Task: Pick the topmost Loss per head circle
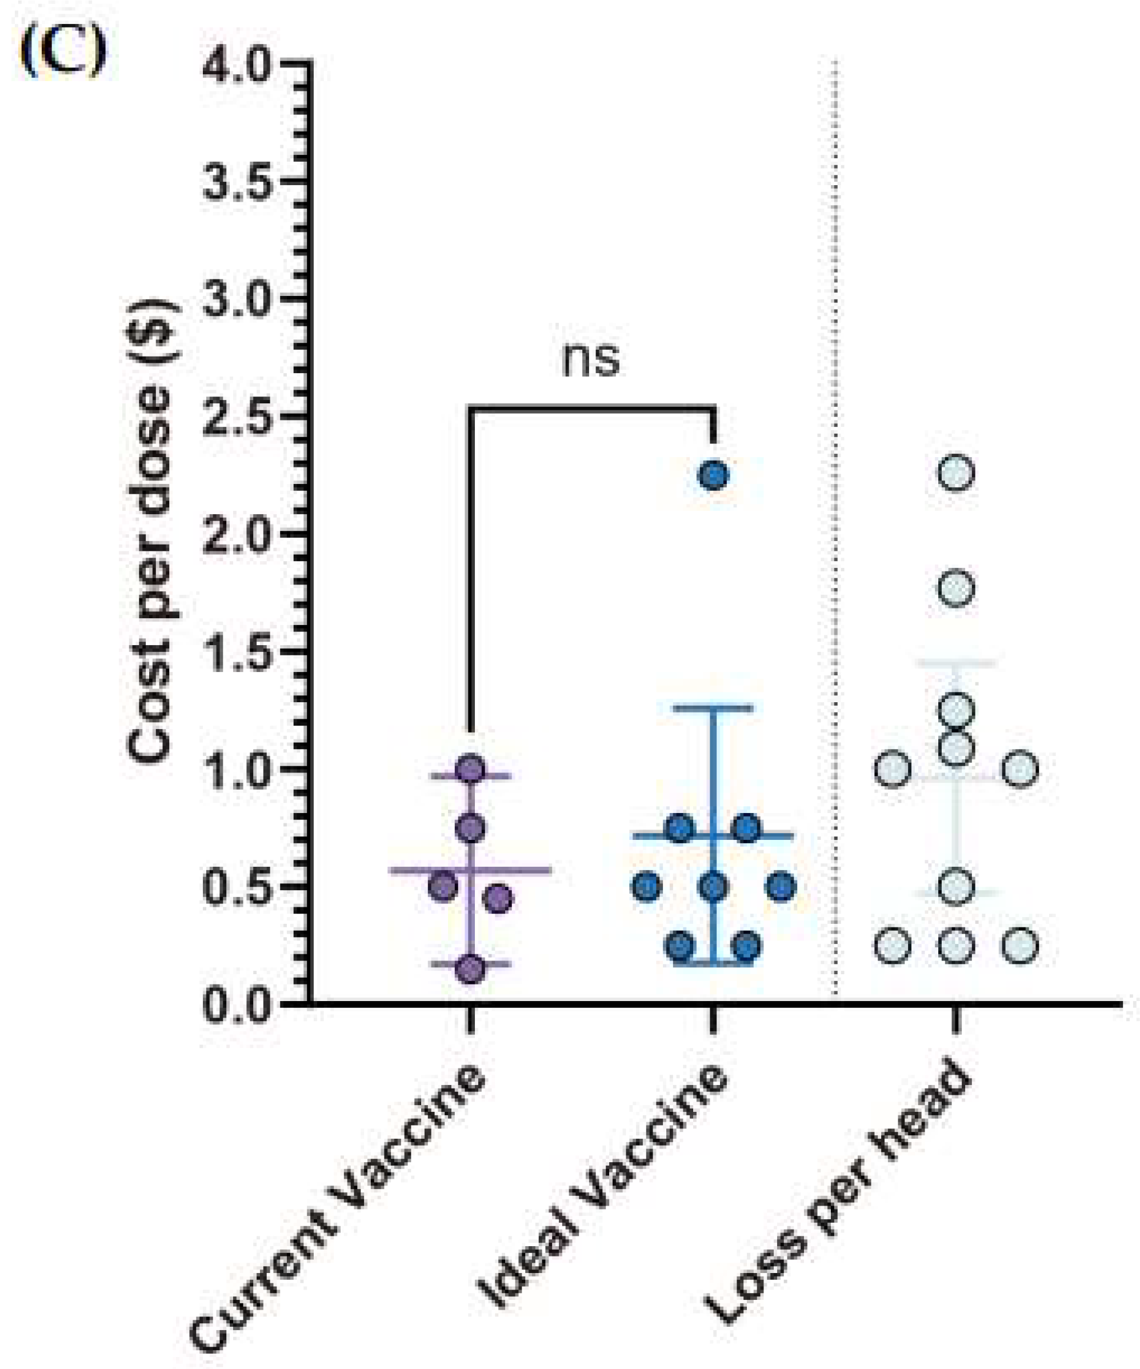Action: pyautogui.click(x=956, y=472)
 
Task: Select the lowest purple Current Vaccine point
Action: pyautogui.click(x=471, y=968)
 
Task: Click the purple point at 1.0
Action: pyautogui.click(x=471, y=769)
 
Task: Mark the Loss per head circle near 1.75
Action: pyautogui.click(x=956, y=587)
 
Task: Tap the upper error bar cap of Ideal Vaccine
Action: pyautogui.click(x=714, y=708)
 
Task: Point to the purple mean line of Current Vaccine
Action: pyautogui.click(x=522, y=870)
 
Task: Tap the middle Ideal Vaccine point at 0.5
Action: pyautogui.click(x=714, y=887)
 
